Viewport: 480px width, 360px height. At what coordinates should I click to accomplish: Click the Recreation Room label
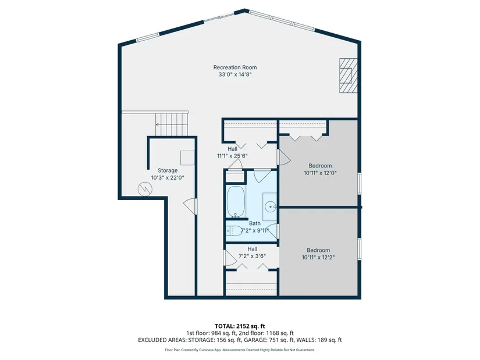(x=235, y=67)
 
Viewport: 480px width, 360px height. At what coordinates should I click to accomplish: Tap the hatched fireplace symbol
(x=348, y=75)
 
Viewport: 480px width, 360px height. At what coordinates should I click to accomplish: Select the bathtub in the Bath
(x=236, y=201)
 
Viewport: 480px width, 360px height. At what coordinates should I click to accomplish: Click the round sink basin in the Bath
(x=271, y=206)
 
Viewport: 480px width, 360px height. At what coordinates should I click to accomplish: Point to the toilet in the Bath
(x=232, y=230)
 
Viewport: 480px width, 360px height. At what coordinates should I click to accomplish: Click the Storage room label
(x=168, y=170)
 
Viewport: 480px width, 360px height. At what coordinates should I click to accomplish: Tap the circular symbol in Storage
(x=145, y=189)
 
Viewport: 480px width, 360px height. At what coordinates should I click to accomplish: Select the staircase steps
(x=172, y=124)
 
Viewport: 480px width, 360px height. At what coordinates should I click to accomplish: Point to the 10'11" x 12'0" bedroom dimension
(x=320, y=173)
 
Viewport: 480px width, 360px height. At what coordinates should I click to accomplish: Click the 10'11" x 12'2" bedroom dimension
(x=318, y=258)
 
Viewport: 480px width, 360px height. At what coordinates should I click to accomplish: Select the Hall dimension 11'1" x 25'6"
(x=232, y=156)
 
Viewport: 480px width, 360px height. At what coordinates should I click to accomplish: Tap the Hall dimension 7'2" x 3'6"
(x=253, y=256)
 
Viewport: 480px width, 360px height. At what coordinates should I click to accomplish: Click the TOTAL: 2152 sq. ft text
(x=240, y=326)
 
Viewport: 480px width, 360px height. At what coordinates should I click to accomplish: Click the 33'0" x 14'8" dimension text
(x=235, y=74)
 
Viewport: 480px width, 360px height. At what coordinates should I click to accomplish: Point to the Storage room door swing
(x=190, y=206)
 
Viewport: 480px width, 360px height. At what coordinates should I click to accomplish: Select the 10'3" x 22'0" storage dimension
(x=168, y=177)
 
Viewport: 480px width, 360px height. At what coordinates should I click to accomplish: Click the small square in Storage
(x=187, y=158)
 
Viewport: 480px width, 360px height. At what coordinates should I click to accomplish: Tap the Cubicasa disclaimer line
(x=240, y=350)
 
